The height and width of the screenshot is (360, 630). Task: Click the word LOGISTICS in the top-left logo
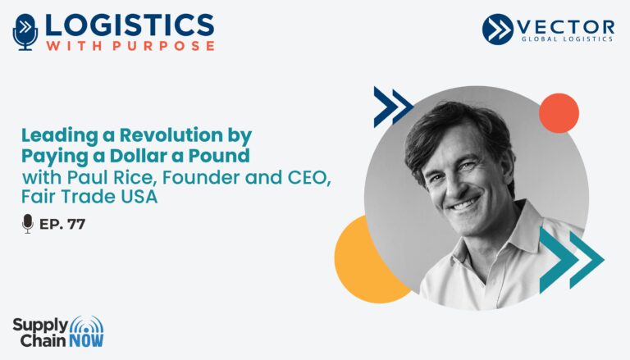130,25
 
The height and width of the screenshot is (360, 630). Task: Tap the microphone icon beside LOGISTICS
25,32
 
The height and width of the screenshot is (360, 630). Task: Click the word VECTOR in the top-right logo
565,27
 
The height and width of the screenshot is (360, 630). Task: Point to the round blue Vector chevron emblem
498,29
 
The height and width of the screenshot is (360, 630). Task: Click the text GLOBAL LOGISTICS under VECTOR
567,39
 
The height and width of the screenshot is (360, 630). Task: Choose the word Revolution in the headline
171,135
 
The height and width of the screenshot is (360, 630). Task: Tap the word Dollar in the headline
138,156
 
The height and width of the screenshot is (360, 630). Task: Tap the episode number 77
76,224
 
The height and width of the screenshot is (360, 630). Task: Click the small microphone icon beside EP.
28,223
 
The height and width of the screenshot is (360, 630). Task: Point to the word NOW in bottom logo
86,340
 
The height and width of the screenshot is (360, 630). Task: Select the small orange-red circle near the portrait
559,113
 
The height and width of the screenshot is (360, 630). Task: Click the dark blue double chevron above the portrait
393,107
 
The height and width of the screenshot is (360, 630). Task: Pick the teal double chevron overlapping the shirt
571,260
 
